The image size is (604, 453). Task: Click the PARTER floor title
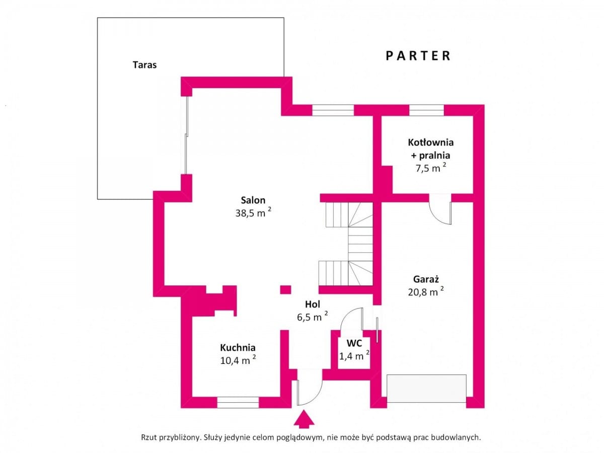(x=418, y=56)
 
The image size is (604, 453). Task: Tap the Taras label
(x=145, y=65)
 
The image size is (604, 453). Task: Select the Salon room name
(x=253, y=200)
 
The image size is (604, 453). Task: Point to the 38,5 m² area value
(x=253, y=212)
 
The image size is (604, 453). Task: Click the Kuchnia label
(x=238, y=347)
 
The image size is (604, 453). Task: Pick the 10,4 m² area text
(x=238, y=360)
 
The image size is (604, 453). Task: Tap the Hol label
(x=313, y=304)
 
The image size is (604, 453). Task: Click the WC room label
(x=354, y=343)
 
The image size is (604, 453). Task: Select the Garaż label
(x=426, y=279)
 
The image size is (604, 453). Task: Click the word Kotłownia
(x=431, y=142)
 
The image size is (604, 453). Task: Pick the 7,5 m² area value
(x=431, y=168)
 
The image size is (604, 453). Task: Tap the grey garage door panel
(x=426, y=389)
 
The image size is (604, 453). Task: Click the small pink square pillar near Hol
(x=285, y=290)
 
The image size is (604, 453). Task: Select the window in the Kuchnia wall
(x=238, y=402)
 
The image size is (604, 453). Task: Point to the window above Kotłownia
(x=426, y=110)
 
